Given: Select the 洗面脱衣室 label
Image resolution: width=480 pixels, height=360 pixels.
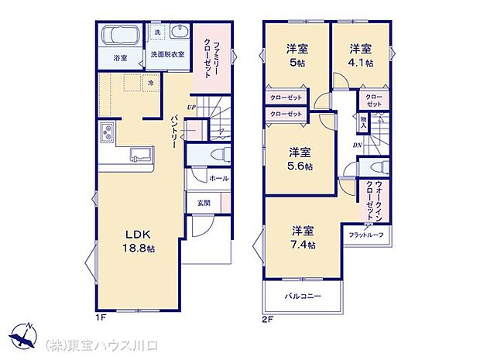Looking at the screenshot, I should point(167,54).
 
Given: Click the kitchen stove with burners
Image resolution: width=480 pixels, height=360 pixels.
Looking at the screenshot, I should point(106,132).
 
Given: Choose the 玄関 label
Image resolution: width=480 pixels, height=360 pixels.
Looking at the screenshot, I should point(200,204).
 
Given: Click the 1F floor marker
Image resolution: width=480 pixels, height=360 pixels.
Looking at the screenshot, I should point(101,315).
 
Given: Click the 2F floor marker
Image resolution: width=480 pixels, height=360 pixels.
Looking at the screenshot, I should point(268,315).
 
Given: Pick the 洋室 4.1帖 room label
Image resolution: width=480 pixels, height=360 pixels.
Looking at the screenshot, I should point(359,57).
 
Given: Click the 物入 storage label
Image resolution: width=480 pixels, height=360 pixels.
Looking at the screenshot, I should point(362,122).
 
